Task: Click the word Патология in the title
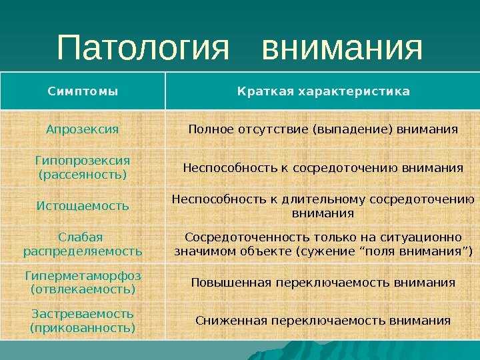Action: tap(143, 47)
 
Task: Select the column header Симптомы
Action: tap(83, 91)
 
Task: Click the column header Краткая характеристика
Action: tap(323, 91)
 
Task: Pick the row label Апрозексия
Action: tap(83, 129)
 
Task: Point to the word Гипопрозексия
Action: tap(83, 161)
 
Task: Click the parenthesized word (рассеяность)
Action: tap(83, 175)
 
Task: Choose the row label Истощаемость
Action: tap(83, 206)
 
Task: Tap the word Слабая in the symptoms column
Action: tap(81, 237)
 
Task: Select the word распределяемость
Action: tap(83, 251)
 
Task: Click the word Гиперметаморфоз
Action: tap(83, 276)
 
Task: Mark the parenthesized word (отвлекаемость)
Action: tap(83, 289)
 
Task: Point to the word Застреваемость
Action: tap(83, 314)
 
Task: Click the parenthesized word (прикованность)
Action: tap(83, 328)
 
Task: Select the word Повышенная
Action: tap(231, 282)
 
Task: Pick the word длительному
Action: tap(323, 199)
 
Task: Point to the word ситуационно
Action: tap(421, 237)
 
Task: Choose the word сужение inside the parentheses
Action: tap(326, 251)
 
